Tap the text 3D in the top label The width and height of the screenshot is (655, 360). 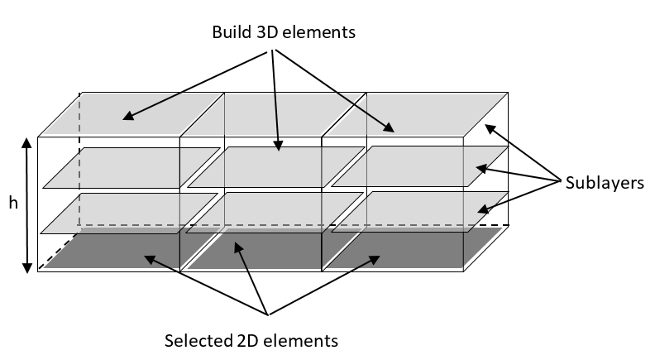pos(270,34)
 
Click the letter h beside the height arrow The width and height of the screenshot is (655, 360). pos(13,202)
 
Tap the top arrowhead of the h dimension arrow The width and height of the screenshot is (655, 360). pos(27,142)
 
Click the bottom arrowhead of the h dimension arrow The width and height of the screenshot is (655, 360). pos(27,266)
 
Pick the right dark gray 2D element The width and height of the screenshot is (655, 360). pos(397,252)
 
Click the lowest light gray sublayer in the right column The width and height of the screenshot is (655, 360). pos(422,211)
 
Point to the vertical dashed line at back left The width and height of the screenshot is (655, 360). pos(79,157)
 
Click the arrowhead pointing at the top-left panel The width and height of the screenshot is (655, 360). pos(128,117)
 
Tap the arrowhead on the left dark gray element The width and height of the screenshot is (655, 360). pos(148,260)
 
